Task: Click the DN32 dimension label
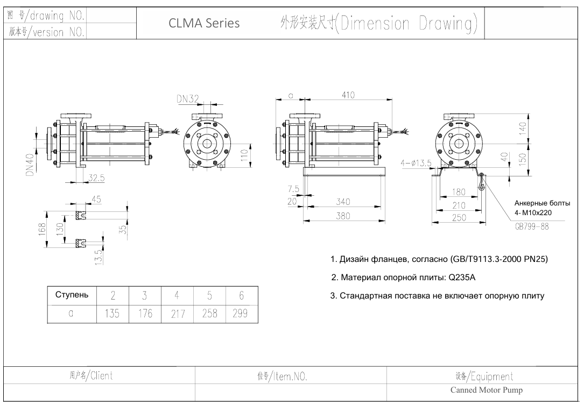pos(188,99)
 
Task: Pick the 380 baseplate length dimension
pos(343,216)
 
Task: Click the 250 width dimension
pos(459,217)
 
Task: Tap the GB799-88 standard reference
pos(532,226)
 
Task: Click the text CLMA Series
pos(204,24)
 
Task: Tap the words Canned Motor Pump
pos(486,390)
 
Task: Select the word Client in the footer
pos(101,375)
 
